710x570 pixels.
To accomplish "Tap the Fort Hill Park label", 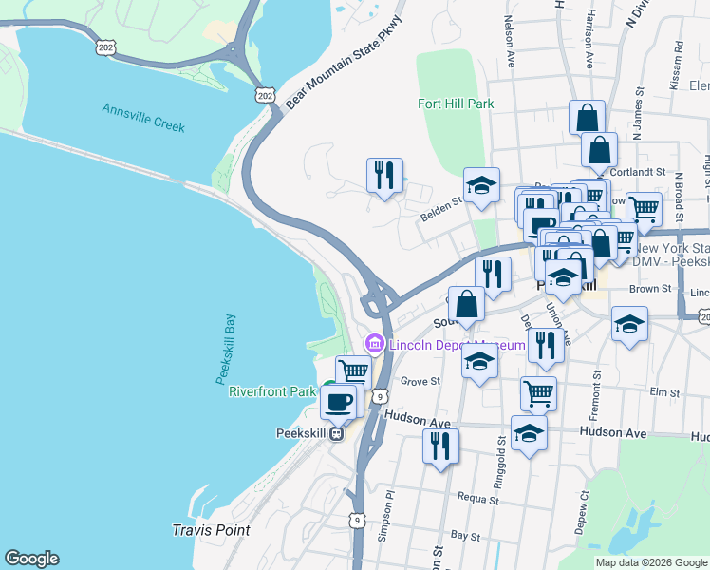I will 456,104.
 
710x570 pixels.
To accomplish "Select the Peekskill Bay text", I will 225,349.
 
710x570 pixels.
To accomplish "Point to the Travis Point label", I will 211,529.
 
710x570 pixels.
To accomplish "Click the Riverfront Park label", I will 271,391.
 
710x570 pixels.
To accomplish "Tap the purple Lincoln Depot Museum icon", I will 375,344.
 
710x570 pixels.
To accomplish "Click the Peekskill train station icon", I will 336,433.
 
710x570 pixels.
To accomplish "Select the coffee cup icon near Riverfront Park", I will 338,402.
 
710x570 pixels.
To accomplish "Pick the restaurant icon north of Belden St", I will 384,176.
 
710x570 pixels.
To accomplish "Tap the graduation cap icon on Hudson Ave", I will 529,433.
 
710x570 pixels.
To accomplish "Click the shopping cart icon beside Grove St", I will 538,391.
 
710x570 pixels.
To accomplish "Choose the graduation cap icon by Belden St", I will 481,185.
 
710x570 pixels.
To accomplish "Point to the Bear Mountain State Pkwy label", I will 338,59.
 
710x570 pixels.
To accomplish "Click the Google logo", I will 31,559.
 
